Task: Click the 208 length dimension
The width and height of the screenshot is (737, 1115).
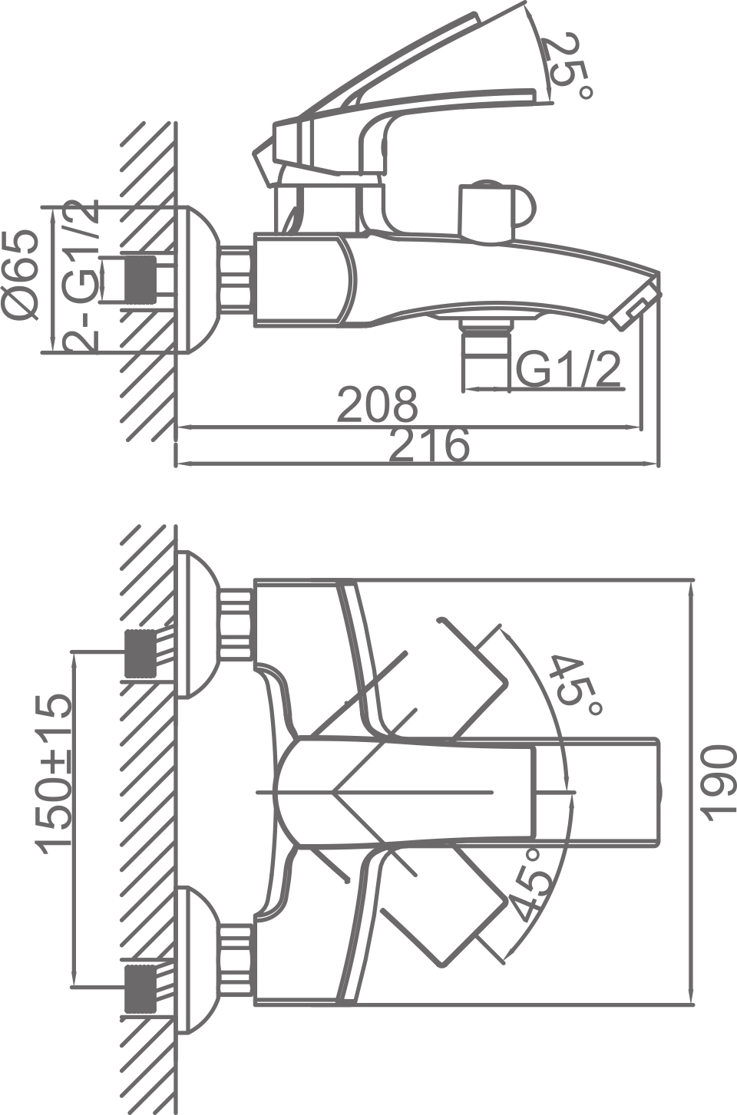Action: pyautogui.click(x=378, y=404)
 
